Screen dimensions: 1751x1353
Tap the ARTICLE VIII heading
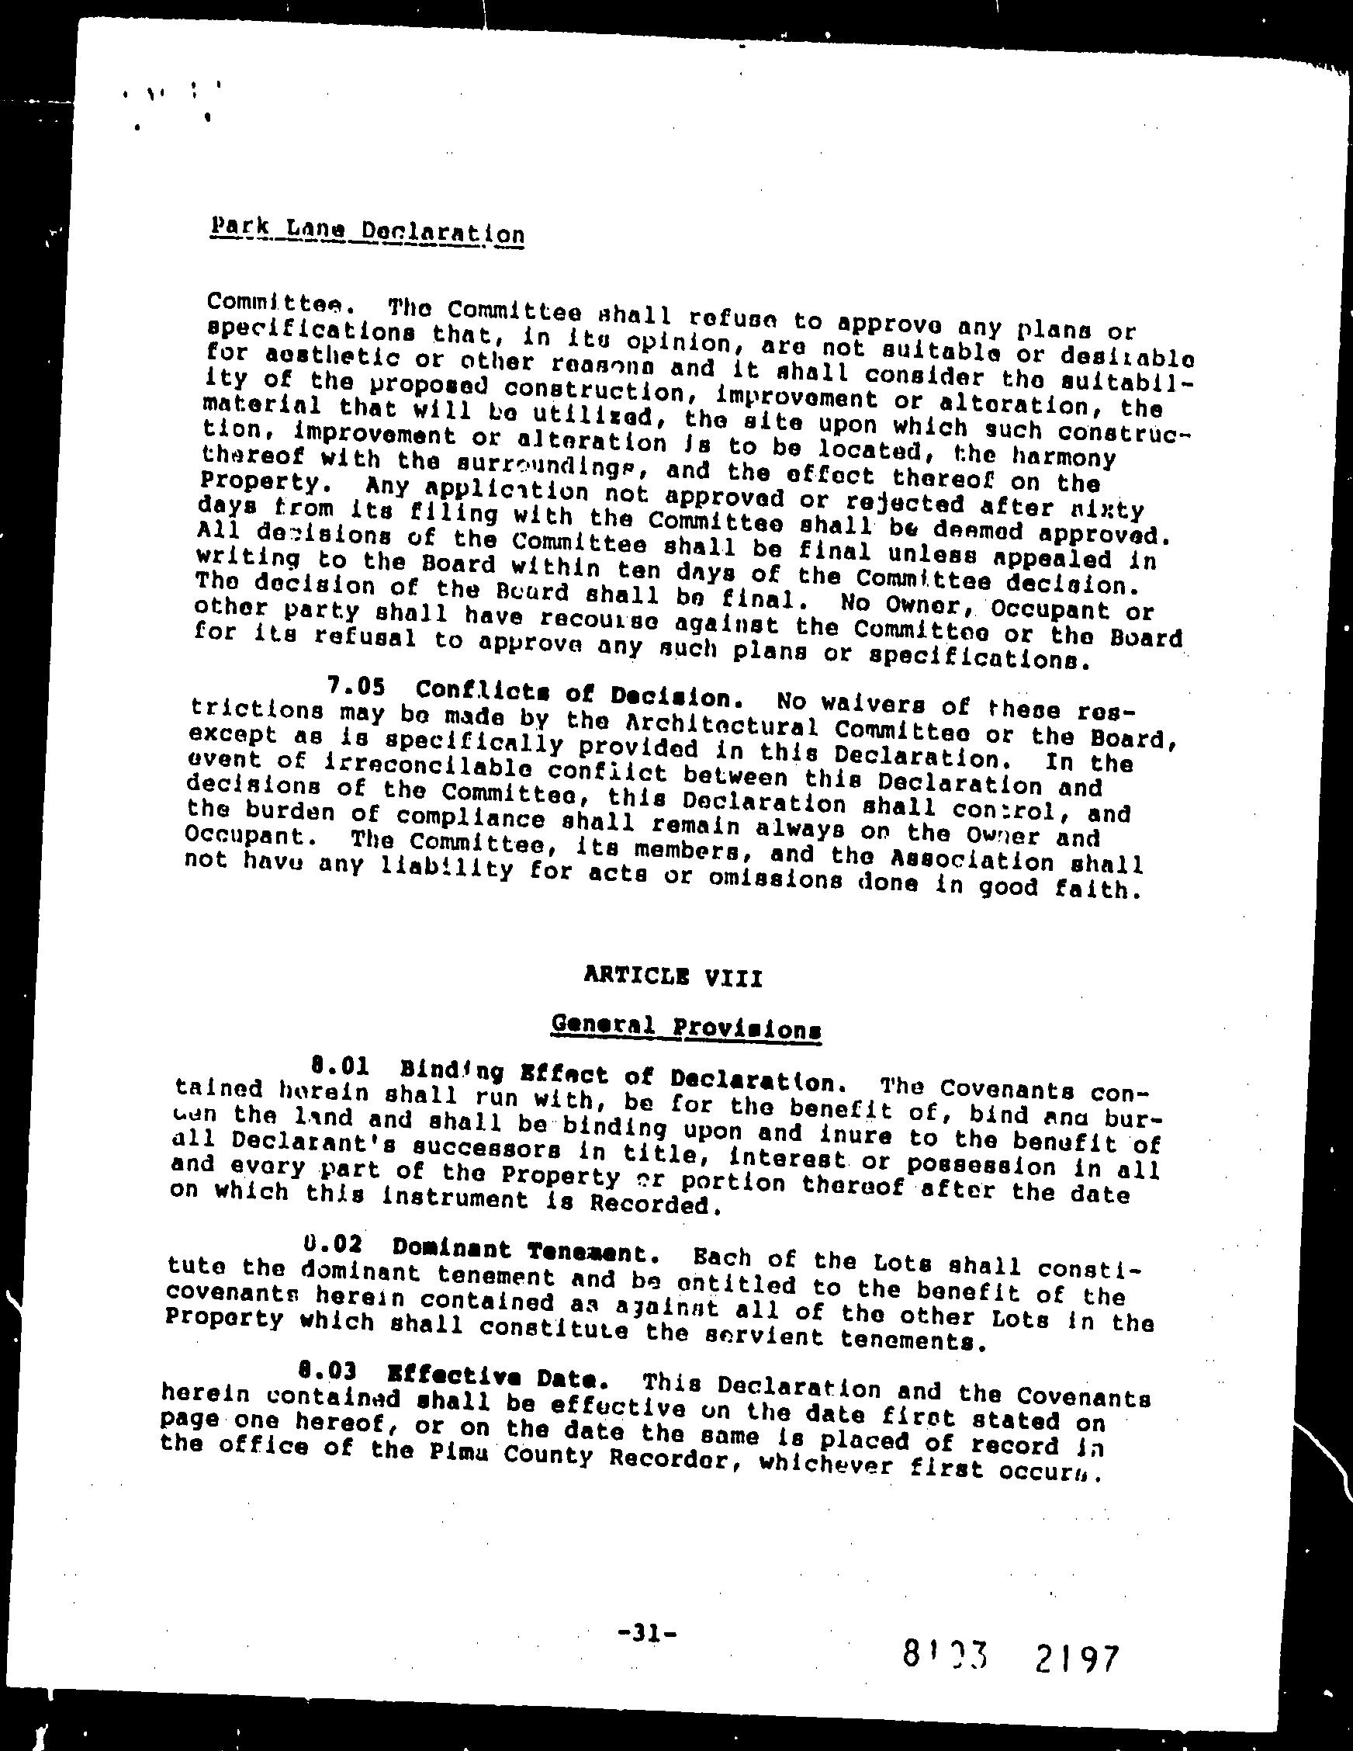pos(673,977)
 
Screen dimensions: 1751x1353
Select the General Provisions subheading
pos(687,1027)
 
